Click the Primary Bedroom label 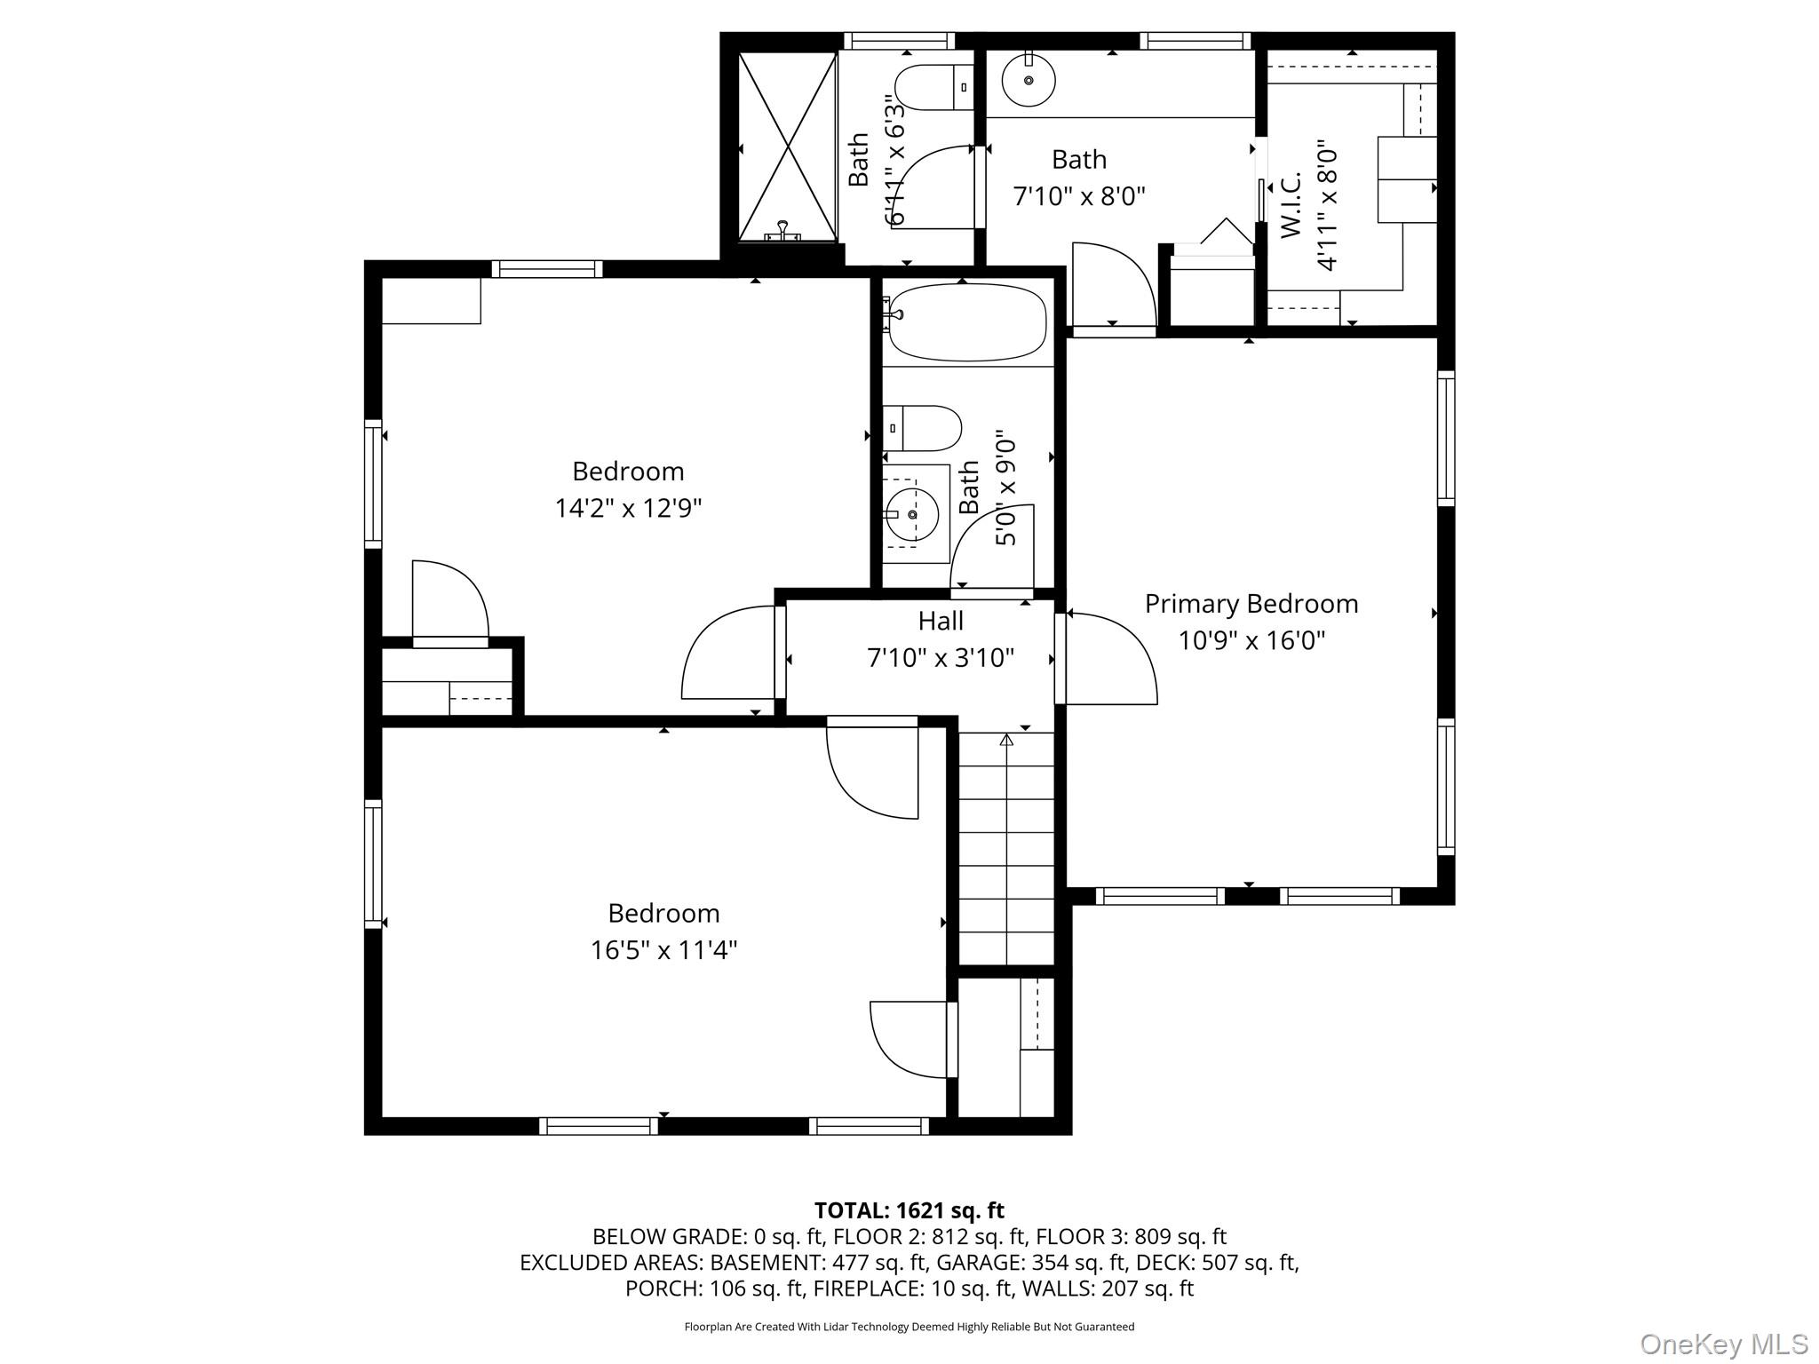(1251, 604)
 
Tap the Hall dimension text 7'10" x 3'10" (940, 658)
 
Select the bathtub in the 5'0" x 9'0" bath (966, 322)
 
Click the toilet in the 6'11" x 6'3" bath (933, 88)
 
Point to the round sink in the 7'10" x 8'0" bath (1029, 80)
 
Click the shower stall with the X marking (788, 147)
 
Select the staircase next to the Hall (1006, 848)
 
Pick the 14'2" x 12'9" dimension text (628, 509)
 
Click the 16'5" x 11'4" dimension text (663, 951)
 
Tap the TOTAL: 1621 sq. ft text (909, 1210)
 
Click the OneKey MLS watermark (1723, 1344)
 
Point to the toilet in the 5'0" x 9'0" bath (924, 429)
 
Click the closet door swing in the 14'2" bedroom (449, 600)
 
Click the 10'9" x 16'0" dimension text (1251, 641)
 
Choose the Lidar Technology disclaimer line (909, 1327)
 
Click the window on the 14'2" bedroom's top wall (547, 269)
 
